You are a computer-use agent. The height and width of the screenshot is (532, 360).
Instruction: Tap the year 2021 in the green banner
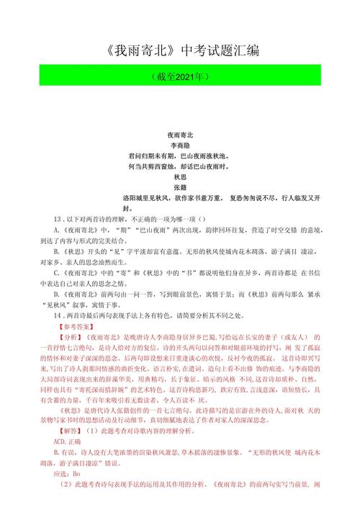coord(182,76)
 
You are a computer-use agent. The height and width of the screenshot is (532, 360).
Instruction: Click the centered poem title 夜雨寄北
coord(180,135)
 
